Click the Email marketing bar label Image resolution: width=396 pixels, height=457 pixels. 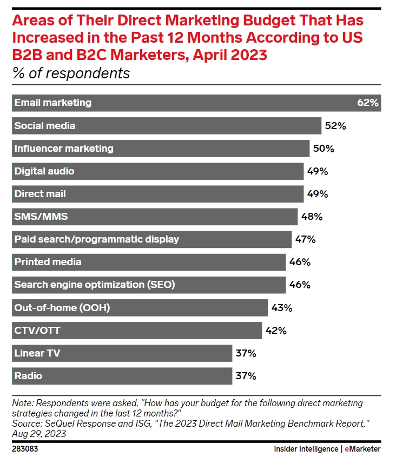coord(53,103)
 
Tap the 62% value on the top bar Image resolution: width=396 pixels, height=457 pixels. coord(368,103)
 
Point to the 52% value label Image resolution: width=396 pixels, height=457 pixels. coord(335,126)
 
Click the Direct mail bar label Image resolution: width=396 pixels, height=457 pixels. coord(40,194)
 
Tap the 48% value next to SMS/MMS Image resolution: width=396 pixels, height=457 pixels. coord(312,217)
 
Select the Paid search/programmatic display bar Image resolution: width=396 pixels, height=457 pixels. coord(151,239)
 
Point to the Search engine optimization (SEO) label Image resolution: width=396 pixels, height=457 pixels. coord(95,285)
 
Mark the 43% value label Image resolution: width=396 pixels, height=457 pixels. coord(281,308)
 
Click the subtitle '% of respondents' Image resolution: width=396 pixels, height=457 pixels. coord(71,73)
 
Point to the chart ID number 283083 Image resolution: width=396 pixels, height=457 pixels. coord(25,449)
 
